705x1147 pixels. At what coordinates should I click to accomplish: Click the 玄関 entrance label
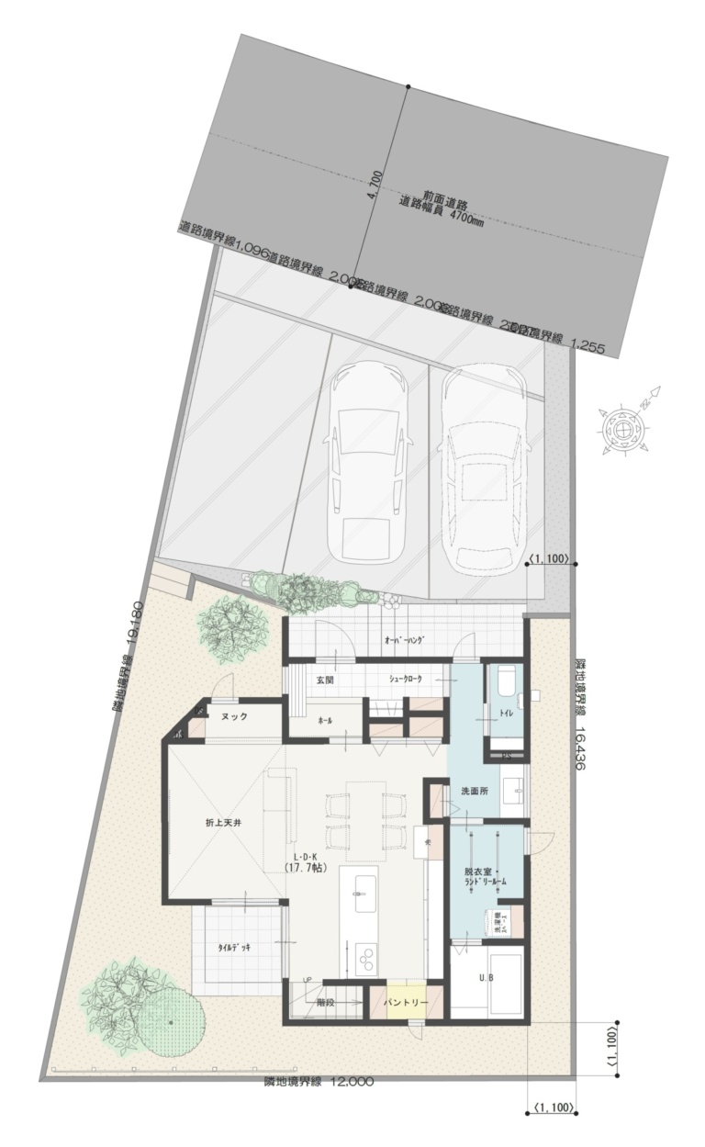pyautogui.click(x=326, y=680)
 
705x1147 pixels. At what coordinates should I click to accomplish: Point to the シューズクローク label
pyautogui.click(x=406, y=680)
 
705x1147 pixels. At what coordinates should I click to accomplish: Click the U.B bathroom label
pyautogui.click(x=486, y=977)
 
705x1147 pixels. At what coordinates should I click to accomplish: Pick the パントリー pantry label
pyautogui.click(x=405, y=1003)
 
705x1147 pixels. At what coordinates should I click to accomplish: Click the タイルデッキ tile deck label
pyautogui.click(x=234, y=947)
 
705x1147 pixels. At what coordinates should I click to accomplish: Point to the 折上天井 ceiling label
pyautogui.click(x=223, y=825)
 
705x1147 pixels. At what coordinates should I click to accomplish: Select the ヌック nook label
pyautogui.click(x=234, y=717)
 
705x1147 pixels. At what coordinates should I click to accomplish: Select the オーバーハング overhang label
pyautogui.click(x=403, y=641)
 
